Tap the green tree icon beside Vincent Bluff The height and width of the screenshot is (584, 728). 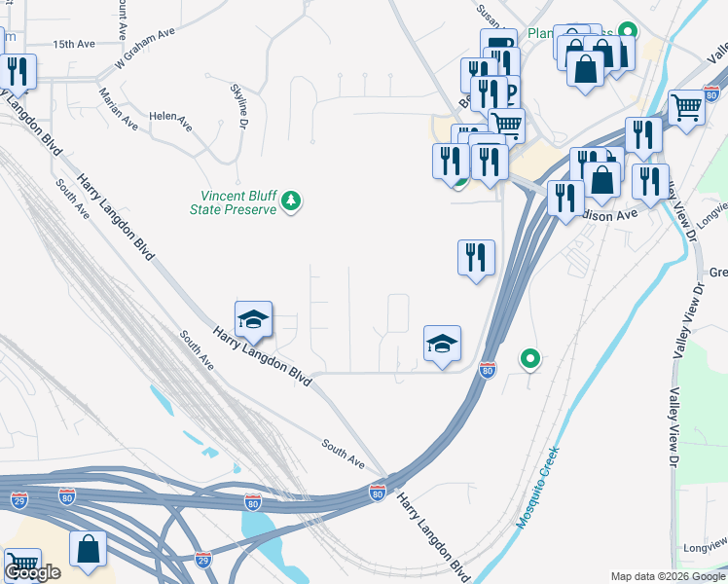coord(290,201)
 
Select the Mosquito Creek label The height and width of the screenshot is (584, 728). coord(537,488)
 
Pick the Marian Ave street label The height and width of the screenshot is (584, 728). coord(118,108)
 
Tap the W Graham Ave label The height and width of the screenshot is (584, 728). coord(144,47)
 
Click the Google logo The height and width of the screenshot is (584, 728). coord(32,572)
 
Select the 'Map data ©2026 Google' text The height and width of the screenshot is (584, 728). coord(668,576)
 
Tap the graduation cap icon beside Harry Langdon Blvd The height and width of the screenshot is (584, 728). coord(253,318)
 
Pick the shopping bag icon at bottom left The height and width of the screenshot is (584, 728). coord(89,547)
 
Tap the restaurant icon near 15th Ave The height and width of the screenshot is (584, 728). coord(18,71)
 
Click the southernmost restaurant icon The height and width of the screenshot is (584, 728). coord(476,257)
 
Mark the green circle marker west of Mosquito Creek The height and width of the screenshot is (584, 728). coord(530,359)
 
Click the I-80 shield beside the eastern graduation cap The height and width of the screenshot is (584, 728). coord(488,370)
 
